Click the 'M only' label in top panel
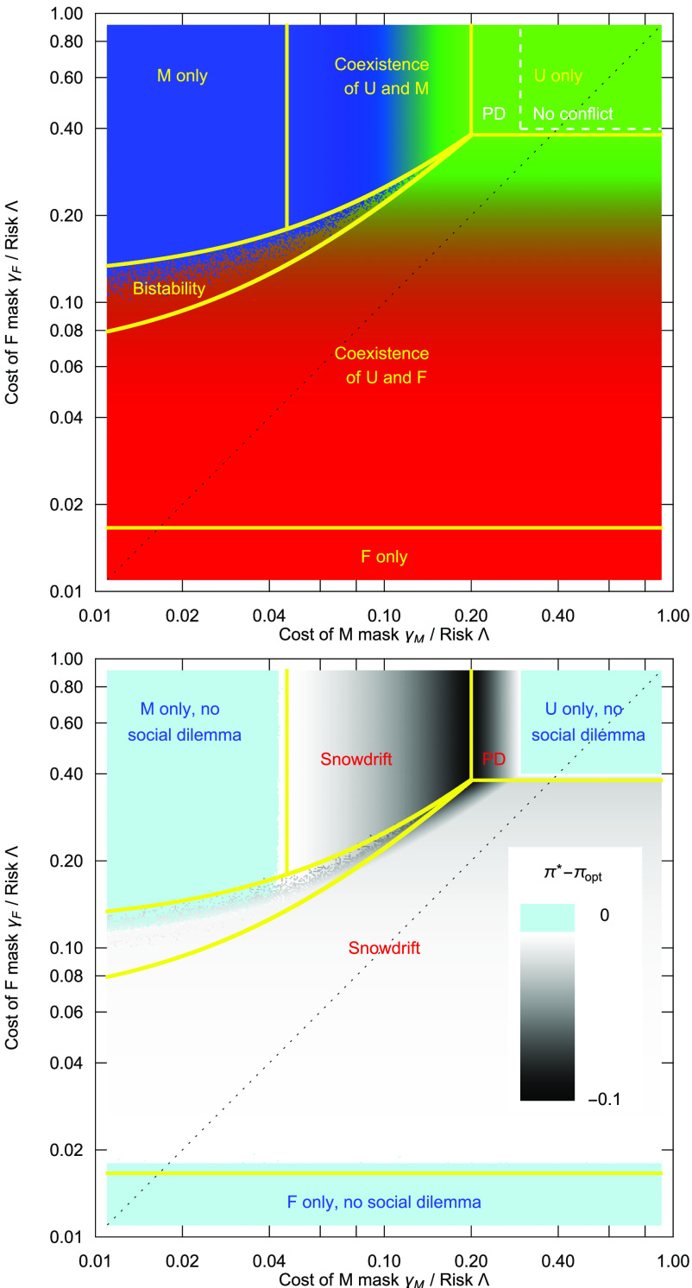[182, 77]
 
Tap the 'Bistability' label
[168, 289]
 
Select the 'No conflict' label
[572, 113]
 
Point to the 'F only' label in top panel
[384, 558]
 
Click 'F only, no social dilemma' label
[383, 1202]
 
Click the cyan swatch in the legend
[547, 918]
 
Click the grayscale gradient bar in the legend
[547, 1019]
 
